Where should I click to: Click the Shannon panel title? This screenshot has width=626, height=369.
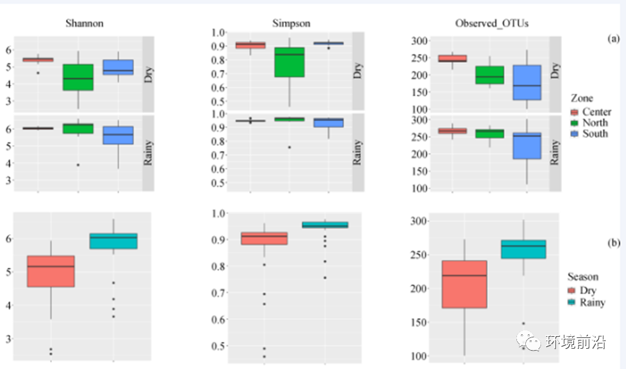coord(84,23)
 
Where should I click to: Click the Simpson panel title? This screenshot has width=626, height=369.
coord(291,23)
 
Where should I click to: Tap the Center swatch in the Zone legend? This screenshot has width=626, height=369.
coord(576,112)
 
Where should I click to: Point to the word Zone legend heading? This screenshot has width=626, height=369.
coord(582,99)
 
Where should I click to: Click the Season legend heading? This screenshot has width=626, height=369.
coord(582,277)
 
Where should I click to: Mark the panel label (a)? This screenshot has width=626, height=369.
coord(613,39)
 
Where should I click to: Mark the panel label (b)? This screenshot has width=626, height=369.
coord(613,242)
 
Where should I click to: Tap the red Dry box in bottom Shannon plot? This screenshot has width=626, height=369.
coord(51,271)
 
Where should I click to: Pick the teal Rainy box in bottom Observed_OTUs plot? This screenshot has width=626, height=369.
coord(524,249)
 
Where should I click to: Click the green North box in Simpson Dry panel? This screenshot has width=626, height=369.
coord(290,62)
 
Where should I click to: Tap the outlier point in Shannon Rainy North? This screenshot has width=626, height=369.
coord(78,165)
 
